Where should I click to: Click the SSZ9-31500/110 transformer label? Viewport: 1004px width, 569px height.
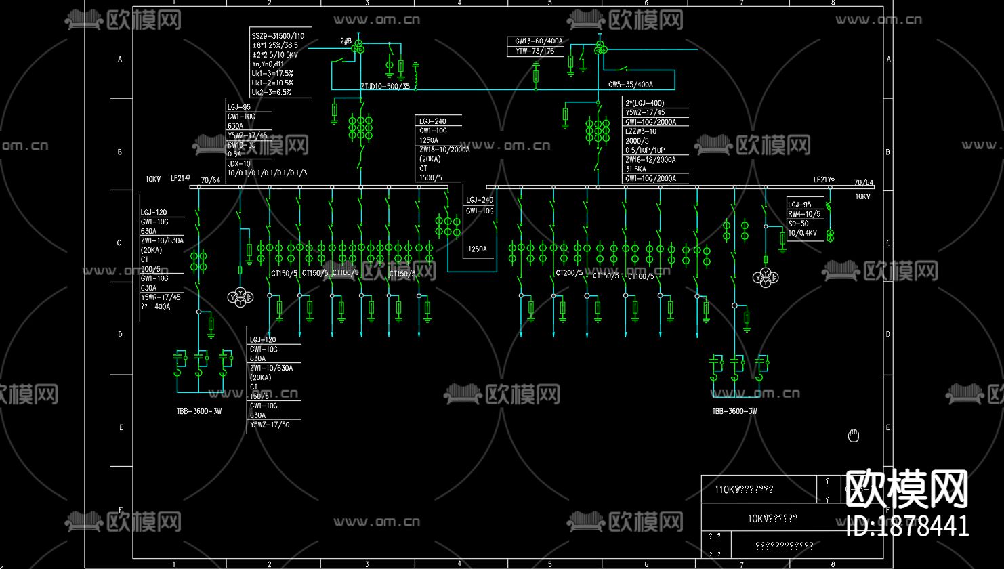(278, 36)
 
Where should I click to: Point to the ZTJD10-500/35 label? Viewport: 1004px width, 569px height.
(385, 87)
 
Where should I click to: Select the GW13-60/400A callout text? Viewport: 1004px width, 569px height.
(539, 41)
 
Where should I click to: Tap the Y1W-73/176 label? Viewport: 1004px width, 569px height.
(535, 51)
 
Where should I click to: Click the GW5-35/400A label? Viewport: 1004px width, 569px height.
(630, 85)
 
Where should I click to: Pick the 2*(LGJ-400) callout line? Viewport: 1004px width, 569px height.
(644, 103)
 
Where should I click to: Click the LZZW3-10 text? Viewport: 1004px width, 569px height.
(640, 131)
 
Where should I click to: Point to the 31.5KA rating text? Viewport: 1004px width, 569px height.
(635, 169)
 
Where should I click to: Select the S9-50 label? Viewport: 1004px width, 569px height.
(798, 224)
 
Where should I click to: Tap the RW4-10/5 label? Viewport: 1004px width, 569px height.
(803, 214)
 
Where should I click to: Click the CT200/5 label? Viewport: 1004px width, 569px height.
(569, 273)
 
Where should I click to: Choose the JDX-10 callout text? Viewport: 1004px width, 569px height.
(238, 163)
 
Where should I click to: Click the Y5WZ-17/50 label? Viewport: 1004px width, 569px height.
(270, 425)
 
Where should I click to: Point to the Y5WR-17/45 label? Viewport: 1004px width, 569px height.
(161, 297)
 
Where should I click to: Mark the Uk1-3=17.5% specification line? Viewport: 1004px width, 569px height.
(272, 73)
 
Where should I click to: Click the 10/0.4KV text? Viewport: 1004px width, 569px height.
(802, 233)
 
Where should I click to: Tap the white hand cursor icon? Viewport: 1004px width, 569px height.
(854, 436)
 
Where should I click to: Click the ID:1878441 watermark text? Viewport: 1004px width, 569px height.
(908, 526)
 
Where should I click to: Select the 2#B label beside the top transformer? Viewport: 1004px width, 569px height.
(346, 41)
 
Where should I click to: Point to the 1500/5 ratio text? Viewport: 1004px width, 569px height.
(431, 178)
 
